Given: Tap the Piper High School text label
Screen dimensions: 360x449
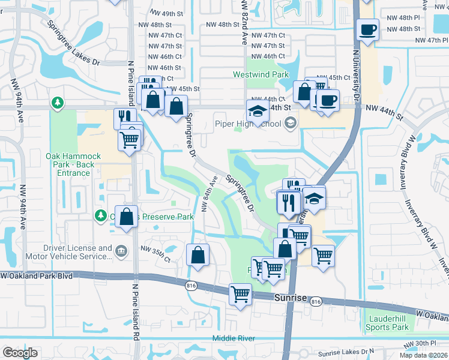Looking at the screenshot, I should (248, 124).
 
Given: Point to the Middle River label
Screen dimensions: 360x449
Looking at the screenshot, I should (234, 338).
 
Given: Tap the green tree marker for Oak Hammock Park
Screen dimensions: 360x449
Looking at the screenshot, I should (58, 103).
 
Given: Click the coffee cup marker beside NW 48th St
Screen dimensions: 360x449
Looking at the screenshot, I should (367, 28).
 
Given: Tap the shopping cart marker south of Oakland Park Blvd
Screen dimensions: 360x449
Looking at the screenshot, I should (240, 295).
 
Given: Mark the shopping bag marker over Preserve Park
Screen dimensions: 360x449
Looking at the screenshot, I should (126, 217).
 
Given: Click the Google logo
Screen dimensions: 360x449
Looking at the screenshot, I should (20, 352).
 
